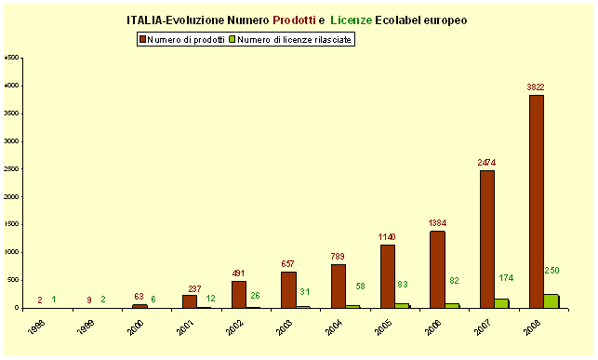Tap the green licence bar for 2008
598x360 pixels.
551,300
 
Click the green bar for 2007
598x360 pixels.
501,302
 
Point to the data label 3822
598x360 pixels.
536,87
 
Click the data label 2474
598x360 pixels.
487,163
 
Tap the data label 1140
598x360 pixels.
387,237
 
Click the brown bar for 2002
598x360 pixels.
239,294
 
